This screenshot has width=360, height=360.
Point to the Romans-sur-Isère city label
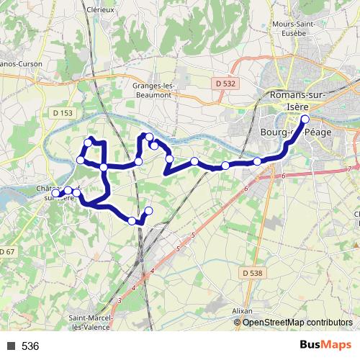(297, 101)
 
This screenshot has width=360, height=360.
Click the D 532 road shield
(225, 84)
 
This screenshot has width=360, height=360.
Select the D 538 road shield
(252, 273)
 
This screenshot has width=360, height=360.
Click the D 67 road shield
(6, 251)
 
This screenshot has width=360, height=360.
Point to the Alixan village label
(243, 311)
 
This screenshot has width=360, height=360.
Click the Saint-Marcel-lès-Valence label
(89, 322)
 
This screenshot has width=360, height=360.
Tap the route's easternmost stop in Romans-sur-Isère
(305, 119)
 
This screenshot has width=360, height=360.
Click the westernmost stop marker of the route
(55, 193)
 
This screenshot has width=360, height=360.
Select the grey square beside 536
(10, 346)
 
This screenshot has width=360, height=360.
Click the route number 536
(30, 346)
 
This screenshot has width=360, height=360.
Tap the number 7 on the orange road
(349, 168)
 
